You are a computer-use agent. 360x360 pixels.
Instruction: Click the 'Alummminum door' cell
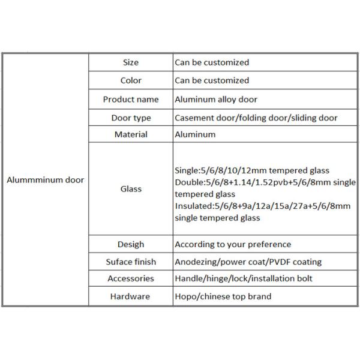[x=45, y=179]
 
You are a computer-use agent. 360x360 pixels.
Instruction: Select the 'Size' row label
[x=131, y=62]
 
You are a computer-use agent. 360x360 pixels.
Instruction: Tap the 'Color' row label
[x=131, y=80]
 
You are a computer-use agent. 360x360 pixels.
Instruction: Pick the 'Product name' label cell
[x=131, y=99]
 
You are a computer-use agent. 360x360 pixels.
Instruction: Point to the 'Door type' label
[x=131, y=118]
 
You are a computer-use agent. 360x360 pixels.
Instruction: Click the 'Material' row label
[x=131, y=134]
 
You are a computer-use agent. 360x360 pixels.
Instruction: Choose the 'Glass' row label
[x=131, y=189]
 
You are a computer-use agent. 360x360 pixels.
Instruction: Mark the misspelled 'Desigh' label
[x=131, y=244]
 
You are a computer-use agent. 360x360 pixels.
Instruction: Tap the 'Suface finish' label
[x=131, y=262]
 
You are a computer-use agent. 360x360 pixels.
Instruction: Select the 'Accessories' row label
[x=131, y=278]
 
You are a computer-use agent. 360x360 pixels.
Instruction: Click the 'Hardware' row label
[x=131, y=296]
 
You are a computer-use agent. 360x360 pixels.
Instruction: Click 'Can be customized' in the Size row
[x=211, y=62]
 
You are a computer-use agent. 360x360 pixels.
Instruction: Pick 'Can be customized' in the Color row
[x=211, y=80]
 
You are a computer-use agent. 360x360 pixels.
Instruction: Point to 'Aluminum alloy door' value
[x=215, y=99]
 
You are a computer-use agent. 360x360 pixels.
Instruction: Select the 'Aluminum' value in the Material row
[x=195, y=134]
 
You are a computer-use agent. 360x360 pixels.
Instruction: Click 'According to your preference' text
[x=233, y=244]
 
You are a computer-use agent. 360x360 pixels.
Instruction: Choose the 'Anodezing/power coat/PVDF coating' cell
[x=248, y=262]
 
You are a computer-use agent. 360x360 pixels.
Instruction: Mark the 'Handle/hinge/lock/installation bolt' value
[x=244, y=278]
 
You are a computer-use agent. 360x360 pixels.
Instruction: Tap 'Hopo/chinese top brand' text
[x=223, y=296]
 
